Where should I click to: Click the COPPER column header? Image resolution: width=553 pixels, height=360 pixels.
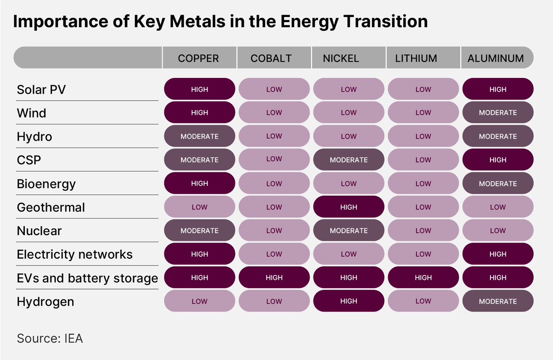[x=199, y=58]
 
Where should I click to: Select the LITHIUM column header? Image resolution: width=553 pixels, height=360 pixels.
[x=416, y=58]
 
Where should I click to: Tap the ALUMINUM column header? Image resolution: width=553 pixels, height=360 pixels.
[x=495, y=58]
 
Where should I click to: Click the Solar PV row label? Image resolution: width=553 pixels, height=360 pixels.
[x=41, y=89]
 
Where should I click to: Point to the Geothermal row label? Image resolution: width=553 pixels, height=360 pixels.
[x=51, y=207]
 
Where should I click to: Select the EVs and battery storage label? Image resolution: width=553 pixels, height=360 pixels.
[x=87, y=278]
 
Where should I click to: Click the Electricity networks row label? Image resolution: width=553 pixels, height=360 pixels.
[x=75, y=254]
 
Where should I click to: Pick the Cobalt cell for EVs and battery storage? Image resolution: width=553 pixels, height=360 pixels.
[x=274, y=277]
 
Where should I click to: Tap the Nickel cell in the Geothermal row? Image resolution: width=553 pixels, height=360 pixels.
[x=349, y=207]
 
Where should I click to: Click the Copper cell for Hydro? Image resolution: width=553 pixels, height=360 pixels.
[x=200, y=136]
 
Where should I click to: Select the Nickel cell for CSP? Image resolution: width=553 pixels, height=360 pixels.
[x=349, y=160]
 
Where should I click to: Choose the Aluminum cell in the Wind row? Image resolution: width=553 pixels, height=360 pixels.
[x=498, y=112]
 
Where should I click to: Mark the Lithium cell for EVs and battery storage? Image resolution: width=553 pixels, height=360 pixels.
[x=423, y=277]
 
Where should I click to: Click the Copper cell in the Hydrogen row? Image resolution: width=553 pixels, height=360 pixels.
[x=200, y=301]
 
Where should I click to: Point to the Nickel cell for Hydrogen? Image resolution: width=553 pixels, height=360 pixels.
[x=349, y=301]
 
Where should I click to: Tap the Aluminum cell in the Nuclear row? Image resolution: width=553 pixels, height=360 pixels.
[x=498, y=230]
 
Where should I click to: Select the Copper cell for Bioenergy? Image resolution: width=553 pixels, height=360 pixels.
[x=200, y=183]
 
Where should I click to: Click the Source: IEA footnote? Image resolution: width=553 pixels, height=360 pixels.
[x=50, y=339]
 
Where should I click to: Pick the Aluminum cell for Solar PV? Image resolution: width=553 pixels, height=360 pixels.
[x=498, y=89]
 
